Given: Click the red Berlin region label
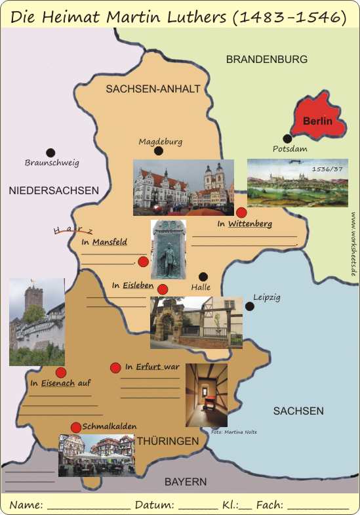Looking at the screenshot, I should click(317, 121).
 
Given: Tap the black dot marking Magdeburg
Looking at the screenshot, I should click(158, 151).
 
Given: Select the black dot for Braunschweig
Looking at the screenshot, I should click(50, 152).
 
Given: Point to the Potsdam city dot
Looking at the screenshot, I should click(287, 138).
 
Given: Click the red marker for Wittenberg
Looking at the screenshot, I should click(241, 212).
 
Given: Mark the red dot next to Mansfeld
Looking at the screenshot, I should click(143, 261).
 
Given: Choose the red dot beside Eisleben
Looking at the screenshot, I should click(163, 289).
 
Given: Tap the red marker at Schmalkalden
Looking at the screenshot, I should click(76, 427).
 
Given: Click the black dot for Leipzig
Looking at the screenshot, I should click(249, 306).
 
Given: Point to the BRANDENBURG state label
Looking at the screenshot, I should click(266, 59).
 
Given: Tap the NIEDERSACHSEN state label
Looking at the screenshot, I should click(54, 190).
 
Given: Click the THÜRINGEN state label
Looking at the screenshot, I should click(167, 442).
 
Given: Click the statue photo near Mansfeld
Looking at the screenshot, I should click(168, 249).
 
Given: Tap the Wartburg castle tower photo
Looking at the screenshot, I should click(37, 321).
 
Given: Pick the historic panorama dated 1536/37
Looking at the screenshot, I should click(297, 183).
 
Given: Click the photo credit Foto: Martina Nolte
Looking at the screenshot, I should click(234, 432).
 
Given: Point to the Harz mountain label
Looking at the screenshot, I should click(73, 230).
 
